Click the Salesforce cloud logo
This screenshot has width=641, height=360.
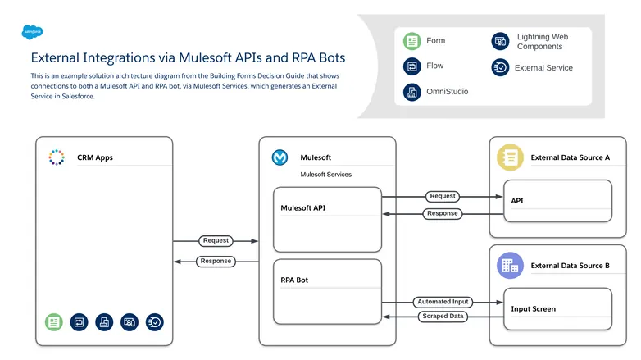[x=33, y=32]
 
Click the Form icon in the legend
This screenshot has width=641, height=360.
[x=411, y=41]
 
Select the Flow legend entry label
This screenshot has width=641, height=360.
[x=435, y=66]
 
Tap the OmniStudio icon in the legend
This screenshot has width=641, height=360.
[x=411, y=92]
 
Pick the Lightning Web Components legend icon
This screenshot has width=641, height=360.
[x=499, y=41]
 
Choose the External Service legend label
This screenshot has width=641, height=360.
[x=543, y=68]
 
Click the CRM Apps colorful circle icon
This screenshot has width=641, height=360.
[x=57, y=157]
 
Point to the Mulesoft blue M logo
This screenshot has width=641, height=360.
[x=280, y=157]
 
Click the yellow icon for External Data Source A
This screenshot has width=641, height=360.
[x=510, y=157]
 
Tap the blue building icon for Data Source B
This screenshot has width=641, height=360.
[x=510, y=265]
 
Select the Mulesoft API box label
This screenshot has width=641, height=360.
[x=303, y=208]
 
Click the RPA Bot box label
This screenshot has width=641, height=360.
[x=294, y=280]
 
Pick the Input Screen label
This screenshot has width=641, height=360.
[x=533, y=309]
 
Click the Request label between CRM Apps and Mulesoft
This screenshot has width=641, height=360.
[x=216, y=241]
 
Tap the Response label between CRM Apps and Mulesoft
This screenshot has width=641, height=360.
[x=216, y=262]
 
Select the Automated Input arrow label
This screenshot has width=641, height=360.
[x=443, y=302]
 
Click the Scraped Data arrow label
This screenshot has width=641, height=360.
[x=443, y=316]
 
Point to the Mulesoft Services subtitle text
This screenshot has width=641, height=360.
[x=325, y=175]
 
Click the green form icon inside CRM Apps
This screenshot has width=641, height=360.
[x=54, y=322]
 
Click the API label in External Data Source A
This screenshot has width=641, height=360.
[x=517, y=201]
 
